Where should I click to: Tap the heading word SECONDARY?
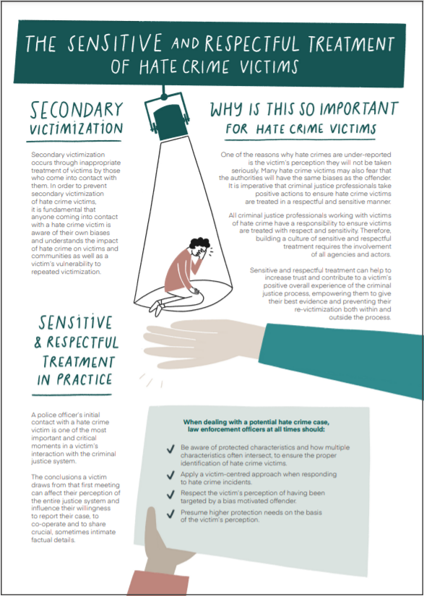coord(77,110)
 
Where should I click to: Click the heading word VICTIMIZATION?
coord(76,128)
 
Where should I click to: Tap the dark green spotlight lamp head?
coord(172,121)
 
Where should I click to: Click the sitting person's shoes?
coord(156,307)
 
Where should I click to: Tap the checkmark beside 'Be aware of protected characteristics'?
coord(170,449)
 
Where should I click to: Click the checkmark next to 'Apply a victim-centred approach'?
coord(170,475)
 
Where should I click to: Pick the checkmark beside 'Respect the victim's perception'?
coord(170,495)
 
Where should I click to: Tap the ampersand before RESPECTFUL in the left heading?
coord(38,343)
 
